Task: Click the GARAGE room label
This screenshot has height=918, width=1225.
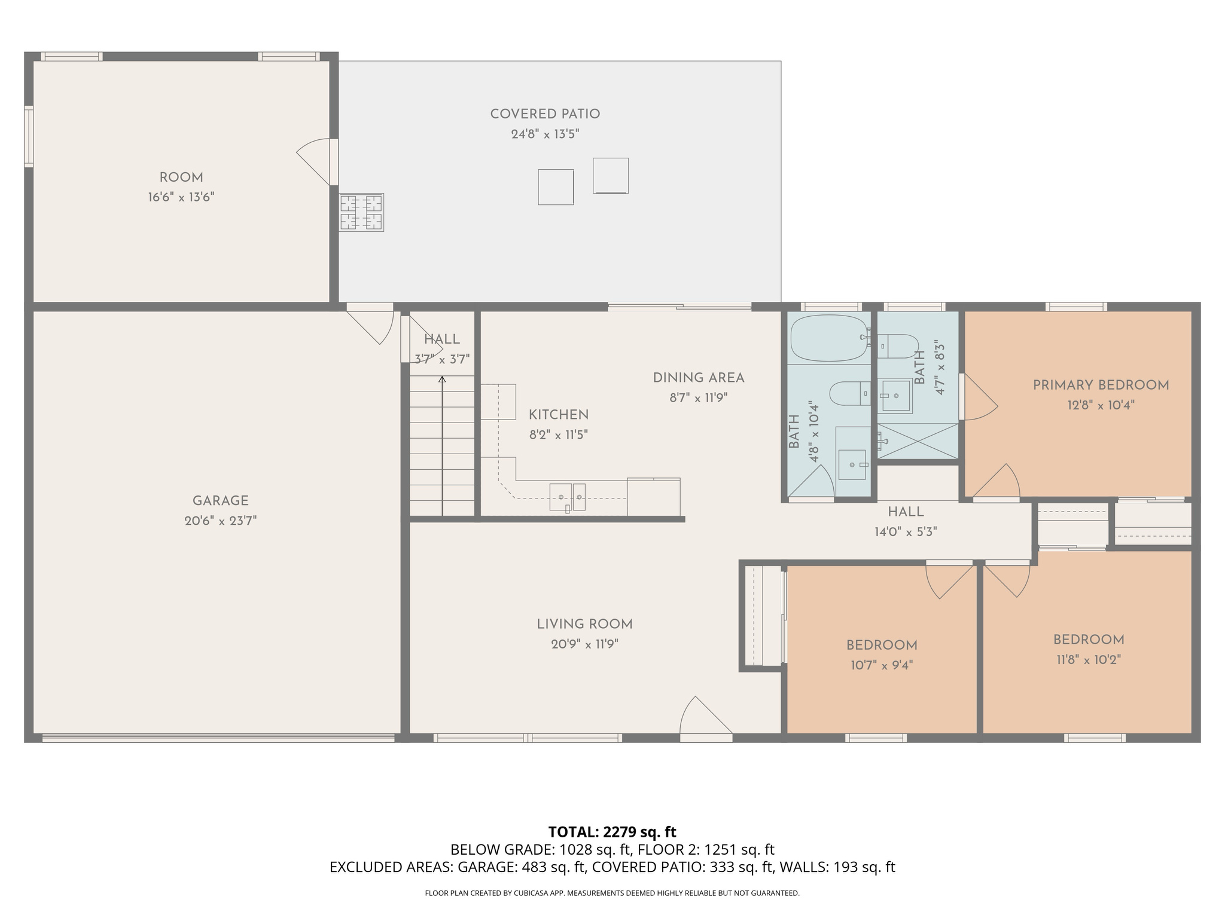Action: pos(220,501)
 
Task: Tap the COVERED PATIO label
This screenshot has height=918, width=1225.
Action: pos(545,114)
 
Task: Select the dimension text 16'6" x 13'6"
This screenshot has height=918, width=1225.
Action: pos(181,197)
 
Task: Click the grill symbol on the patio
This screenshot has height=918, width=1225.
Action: pos(361,212)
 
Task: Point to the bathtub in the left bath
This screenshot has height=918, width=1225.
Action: pos(828,338)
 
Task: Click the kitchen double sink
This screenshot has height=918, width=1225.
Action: pos(567,497)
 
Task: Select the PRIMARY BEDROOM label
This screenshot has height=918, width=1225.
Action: pos(1101,385)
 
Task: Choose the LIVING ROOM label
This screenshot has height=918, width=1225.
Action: pos(584,625)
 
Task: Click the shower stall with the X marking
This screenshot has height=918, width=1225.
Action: pos(918,441)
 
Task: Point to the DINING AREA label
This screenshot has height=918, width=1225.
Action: pos(698,378)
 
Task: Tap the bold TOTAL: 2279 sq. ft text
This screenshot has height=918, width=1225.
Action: pos(612,832)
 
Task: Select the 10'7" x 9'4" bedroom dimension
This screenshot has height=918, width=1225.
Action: pos(881,665)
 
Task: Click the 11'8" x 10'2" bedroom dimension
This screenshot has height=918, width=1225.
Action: pos(1088,660)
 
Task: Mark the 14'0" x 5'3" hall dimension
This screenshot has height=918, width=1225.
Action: pos(905,532)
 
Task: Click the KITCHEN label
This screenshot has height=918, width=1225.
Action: pos(558,415)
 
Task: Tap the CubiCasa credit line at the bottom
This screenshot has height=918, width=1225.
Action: pos(612,893)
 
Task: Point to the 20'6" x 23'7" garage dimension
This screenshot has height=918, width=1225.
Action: pos(220,521)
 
